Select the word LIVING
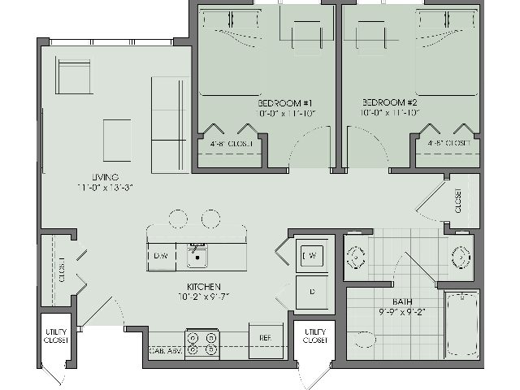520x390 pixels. tap(106, 177)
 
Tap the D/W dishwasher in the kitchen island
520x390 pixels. tap(161, 256)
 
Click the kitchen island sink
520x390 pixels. tap(197, 258)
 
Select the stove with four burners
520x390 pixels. tap(202, 342)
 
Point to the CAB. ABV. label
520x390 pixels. tap(165, 351)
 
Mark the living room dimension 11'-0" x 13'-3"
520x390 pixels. tap(106, 188)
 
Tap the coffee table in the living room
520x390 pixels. tap(116, 133)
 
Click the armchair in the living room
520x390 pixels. tap(75, 77)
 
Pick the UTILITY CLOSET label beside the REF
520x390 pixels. tap(314, 336)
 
